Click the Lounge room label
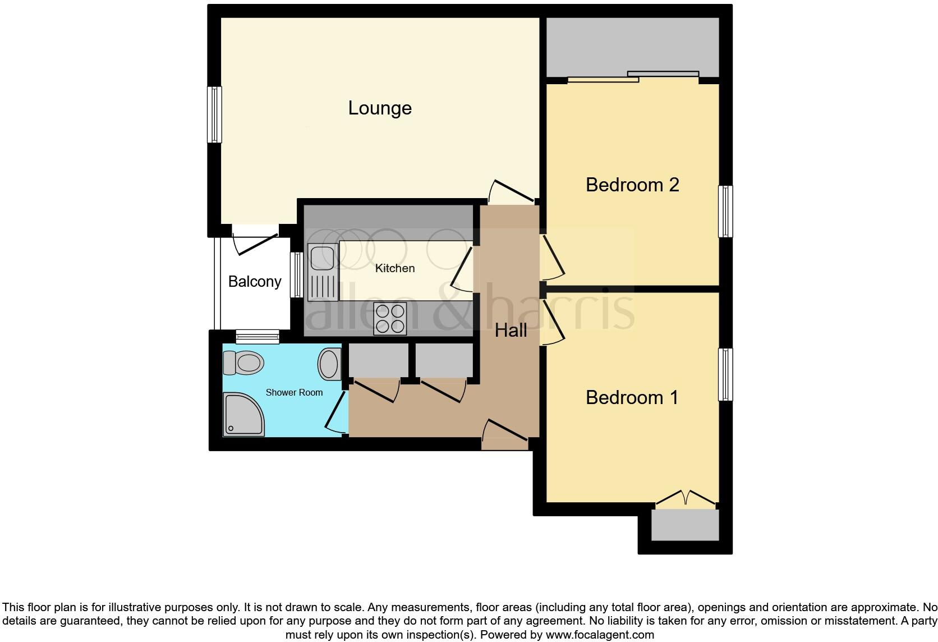[x=380, y=108]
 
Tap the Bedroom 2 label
[x=632, y=185]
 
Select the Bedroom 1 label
[x=632, y=398]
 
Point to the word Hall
[x=511, y=331]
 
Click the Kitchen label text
[x=395, y=268]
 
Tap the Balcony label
[x=255, y=282]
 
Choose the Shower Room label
[x=294, y=393]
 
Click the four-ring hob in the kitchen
[x=390, y=318]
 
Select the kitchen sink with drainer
[x=321, y=272]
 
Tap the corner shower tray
[x=243, y=414]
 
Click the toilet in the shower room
[x=243, y=363]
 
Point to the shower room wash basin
[x=329, y=364]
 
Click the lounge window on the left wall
[x=214, y=114]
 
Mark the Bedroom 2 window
[x=725, y=212]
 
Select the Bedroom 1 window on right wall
[x=725, y=374]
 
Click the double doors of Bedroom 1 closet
[x=686, y=498]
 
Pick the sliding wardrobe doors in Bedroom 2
[x=633, y=77]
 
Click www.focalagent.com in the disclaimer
[x=600, y=635]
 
